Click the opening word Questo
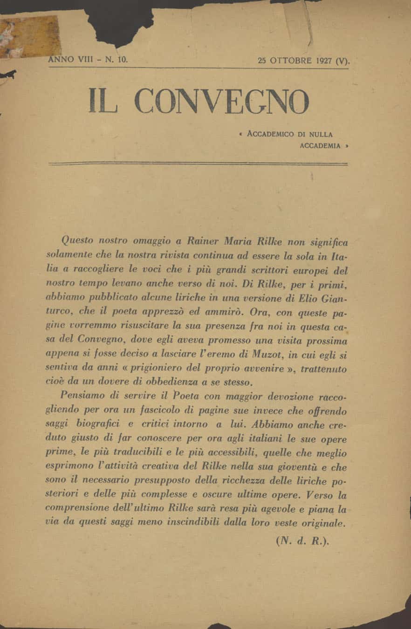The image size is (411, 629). coord(77,241)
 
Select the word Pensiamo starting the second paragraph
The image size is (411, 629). coord(83,397)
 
